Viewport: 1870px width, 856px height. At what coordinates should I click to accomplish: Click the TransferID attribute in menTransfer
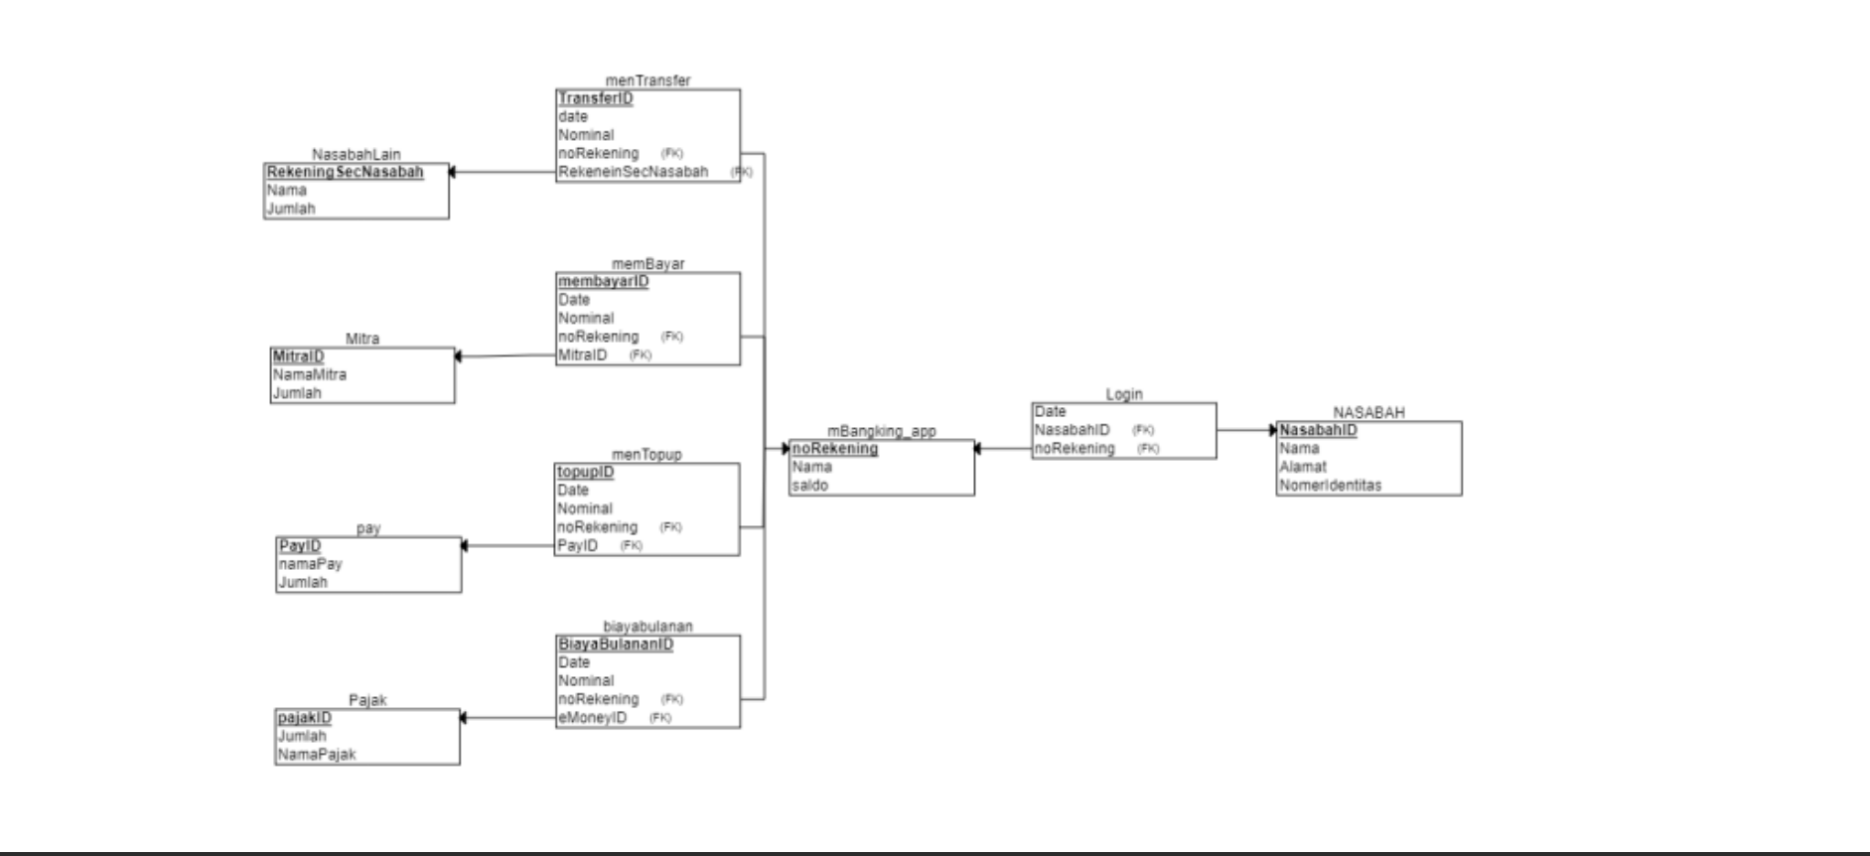click(595, 98)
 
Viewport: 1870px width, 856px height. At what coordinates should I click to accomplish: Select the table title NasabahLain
click(356, 154)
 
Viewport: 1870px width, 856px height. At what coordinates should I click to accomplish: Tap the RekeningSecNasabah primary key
click(345, 172)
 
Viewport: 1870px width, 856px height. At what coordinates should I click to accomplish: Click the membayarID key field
click(603, 281)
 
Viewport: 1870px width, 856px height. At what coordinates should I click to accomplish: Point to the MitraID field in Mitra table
click(298, 356)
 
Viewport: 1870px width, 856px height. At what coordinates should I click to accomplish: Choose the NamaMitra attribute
click(310, 374)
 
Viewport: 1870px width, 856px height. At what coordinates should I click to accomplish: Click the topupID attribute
click(585, 472)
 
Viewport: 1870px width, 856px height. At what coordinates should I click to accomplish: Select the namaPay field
click(310, 563)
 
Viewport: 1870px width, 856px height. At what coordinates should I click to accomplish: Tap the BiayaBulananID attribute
click(616, 643)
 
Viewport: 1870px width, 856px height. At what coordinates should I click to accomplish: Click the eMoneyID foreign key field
click(592, 717)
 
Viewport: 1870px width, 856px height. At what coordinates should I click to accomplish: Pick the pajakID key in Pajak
click(305, 717)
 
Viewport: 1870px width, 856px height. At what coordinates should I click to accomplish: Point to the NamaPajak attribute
click(317, 754)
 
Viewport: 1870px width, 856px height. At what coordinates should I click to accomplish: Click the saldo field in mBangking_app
click(810, 486)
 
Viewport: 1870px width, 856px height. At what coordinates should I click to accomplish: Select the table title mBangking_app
click(881, 431)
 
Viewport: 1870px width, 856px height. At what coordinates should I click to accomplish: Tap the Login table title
click(1123, 394)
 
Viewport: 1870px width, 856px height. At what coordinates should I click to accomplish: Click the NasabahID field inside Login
click(1072, 430)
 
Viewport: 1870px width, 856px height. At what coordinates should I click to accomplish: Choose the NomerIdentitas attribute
click(1330, 486)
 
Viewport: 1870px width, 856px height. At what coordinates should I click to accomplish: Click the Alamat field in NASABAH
click(1302, 467)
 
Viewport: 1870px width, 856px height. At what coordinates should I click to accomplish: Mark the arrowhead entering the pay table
click(465, 545)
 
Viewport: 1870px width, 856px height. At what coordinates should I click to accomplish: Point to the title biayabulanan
click(647, 626)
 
